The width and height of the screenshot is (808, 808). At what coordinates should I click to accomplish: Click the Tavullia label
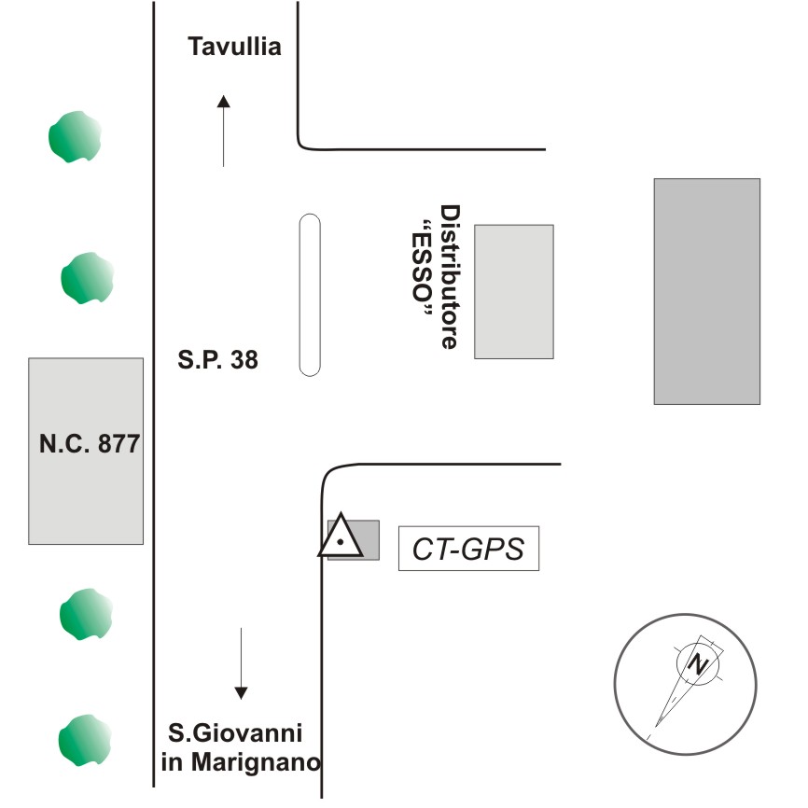234,47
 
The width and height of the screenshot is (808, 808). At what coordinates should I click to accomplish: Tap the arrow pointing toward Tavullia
223,131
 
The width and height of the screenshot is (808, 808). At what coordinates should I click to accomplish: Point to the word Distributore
451,277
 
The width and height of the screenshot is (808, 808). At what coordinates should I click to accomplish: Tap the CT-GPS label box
469,550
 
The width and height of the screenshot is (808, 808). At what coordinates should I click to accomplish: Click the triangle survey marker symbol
341,537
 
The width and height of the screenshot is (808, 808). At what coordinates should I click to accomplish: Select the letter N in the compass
696,663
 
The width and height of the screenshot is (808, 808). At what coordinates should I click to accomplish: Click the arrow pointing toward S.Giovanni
241,663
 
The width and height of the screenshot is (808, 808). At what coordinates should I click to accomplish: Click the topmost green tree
75,136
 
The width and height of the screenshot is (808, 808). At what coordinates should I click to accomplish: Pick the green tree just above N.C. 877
88,278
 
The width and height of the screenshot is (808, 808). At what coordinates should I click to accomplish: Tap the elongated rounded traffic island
310,295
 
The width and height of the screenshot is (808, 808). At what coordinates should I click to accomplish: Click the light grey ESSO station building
513,291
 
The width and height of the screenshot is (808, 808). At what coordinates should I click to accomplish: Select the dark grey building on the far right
706,291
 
